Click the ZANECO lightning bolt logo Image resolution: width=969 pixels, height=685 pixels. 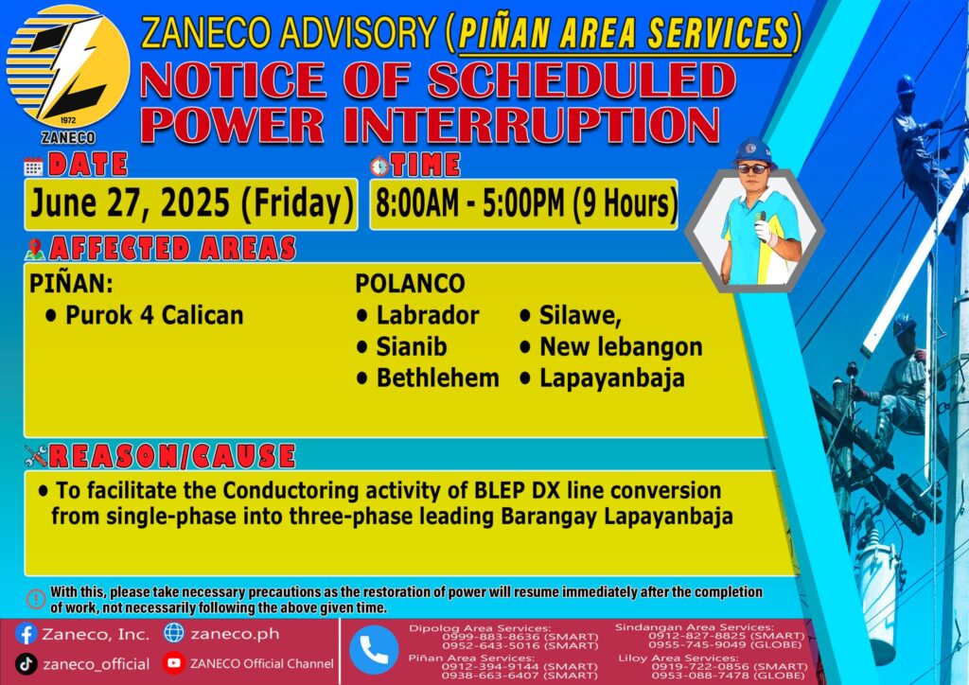point(68,67)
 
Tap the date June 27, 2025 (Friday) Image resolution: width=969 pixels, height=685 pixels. point(191,203)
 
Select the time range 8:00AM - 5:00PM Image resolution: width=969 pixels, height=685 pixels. point(469,203)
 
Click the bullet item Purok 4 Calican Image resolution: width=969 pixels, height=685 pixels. point(145,315)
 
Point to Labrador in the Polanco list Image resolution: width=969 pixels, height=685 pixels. point(418,315)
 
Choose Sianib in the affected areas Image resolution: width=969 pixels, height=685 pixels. point(401,346)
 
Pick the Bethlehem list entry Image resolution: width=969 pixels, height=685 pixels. point(429,378)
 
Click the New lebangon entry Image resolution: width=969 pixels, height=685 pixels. point(612,346)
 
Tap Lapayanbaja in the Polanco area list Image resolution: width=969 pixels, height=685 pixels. point(603,378)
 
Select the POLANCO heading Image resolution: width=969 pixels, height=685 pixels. point(410,284)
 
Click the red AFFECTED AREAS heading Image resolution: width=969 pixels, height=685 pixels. point(172,248)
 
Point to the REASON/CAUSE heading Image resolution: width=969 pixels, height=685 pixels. point(172,456)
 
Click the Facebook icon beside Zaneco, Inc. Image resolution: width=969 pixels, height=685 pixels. point(26,634)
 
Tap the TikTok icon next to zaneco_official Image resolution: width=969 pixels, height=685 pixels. point(26,664)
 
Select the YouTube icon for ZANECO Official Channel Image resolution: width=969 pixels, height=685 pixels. point(174,663)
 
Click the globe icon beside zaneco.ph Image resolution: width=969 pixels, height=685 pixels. point(174,633)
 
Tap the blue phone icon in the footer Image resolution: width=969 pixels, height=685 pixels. point(374,650)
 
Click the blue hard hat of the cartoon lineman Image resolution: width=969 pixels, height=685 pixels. point(752,150)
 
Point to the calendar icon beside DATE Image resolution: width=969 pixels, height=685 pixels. point(33,167)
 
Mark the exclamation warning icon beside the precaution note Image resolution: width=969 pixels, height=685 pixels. point(36,599)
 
